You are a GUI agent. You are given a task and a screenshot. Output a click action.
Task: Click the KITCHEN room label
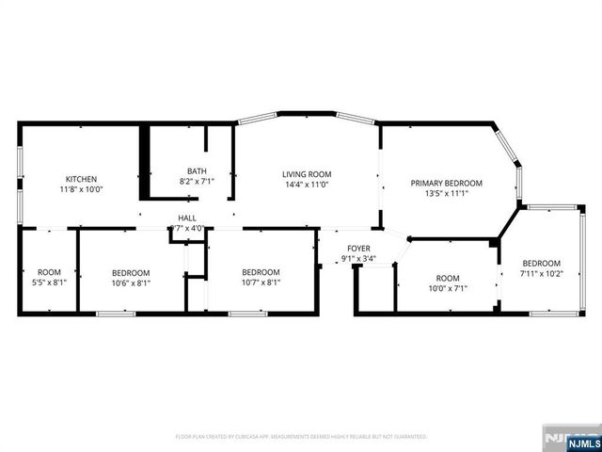click(81, 179)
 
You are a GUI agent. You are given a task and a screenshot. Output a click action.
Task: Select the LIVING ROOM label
click(308, 174)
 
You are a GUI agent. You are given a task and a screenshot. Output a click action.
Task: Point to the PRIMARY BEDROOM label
click(447, 184)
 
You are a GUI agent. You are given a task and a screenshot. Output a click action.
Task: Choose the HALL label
click(186, 218)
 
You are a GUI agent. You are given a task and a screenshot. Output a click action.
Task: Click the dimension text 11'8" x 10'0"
click(81, 189)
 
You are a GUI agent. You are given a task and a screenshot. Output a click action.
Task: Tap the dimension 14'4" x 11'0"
click(308, 185)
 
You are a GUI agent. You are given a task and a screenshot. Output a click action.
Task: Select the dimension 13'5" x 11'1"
click(447, 194)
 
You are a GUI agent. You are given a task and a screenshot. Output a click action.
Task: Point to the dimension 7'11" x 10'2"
click(541, 273)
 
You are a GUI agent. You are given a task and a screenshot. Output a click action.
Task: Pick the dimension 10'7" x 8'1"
click(261, 282)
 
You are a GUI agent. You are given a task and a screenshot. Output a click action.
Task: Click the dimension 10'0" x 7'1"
click(447, 288)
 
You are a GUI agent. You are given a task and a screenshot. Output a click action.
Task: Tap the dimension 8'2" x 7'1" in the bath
click(197, 182)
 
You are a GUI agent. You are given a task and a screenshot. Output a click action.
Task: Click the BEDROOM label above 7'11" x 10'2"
click(541, 263)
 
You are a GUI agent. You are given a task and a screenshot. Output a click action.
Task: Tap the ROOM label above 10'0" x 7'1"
click(447, 278)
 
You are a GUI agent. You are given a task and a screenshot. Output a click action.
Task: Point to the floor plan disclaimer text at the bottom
click(301, 437)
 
